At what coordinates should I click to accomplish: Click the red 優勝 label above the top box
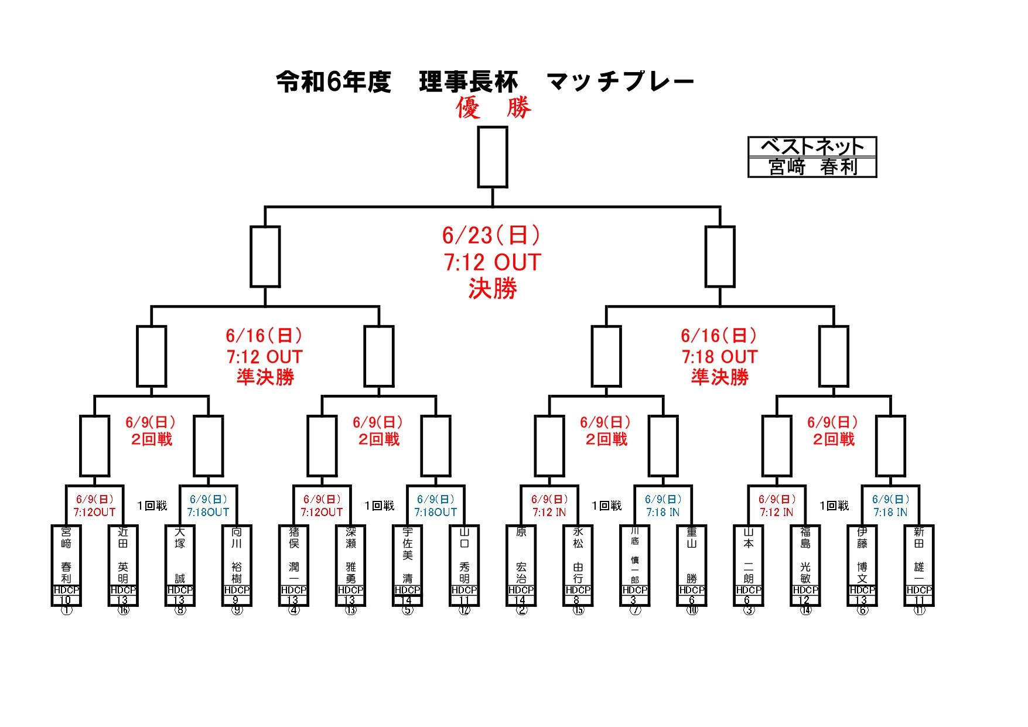pyautogui.click(x=493, y=108)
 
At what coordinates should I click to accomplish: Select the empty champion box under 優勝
pyautogui.click(x=492, y=157)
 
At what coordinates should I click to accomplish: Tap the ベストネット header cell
pyautogui.click(x=812, y=146)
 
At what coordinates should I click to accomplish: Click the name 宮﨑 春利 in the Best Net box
pyautogui.click(x=812, y=167)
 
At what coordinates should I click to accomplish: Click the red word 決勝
pyautogui.click(x=493, y=289)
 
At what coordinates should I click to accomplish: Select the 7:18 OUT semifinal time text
pyautogui.click(x=719, y=357)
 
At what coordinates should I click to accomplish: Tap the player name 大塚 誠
pyautogui.click(x=180, y=555)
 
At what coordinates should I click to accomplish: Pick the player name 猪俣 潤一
pyautogui.click(x=293, y=555)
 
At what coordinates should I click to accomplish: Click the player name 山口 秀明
pyautogui.click(x=464, y=555)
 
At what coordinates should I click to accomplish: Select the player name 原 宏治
pyautogui.click(x=521, y=555)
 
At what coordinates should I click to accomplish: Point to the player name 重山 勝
pyautogui.click(x=691, y=555)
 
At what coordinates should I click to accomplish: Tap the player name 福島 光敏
pyautogui.click(x=805, y=555)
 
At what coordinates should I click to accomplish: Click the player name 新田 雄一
pyautogui.click(x=919, y=555)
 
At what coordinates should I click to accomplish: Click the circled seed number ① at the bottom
pyautogui.click(x=66, y=610)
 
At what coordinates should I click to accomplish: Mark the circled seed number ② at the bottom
pyautogui.click(x=521, y=610)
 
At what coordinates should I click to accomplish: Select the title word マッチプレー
pyautogui.click(x=620, y=81)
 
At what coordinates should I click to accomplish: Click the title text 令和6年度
pyautogui.click(x=333, y=81)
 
